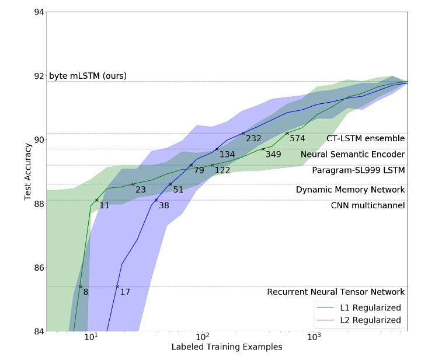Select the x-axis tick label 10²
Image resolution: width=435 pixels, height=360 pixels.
pyautogui.click(x=202, y=338)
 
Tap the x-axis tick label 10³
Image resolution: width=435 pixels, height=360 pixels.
pyautogui.click(x=314, y=338)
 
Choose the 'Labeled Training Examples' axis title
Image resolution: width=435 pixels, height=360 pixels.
pyautogui.click(x=227, y=347)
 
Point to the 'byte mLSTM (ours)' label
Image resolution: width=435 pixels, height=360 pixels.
pyautogui.click(x=88, y=76)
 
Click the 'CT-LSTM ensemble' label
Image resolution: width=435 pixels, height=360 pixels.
pyautogui.click(x=366, y=138)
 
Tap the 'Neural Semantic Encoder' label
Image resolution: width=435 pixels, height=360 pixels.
pyautogui.click(x=353, y=155)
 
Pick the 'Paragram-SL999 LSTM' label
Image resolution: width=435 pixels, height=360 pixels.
pyautogui.click(x=358, y=170)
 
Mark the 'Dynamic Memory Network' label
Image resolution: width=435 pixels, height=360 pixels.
pyautogui.click(x=350, y=190)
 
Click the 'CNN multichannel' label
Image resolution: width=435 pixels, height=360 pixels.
pyautogui.click(x=368, y=205)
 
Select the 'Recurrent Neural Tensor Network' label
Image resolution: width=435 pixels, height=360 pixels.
pyautogui.click(x=336, y=292)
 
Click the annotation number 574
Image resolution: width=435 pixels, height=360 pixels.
pyautogui.click(x=298, y=139)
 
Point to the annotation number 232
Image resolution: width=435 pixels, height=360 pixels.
pyautogui.click(x=253, y=139)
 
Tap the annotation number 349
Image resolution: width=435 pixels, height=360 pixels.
pyautogui.click(x=273, y=155)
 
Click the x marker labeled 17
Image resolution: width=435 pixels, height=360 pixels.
pyautogui.click(x=117, y=286)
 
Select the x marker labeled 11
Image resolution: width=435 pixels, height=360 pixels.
pyautogui.click(x=97, y=200)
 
